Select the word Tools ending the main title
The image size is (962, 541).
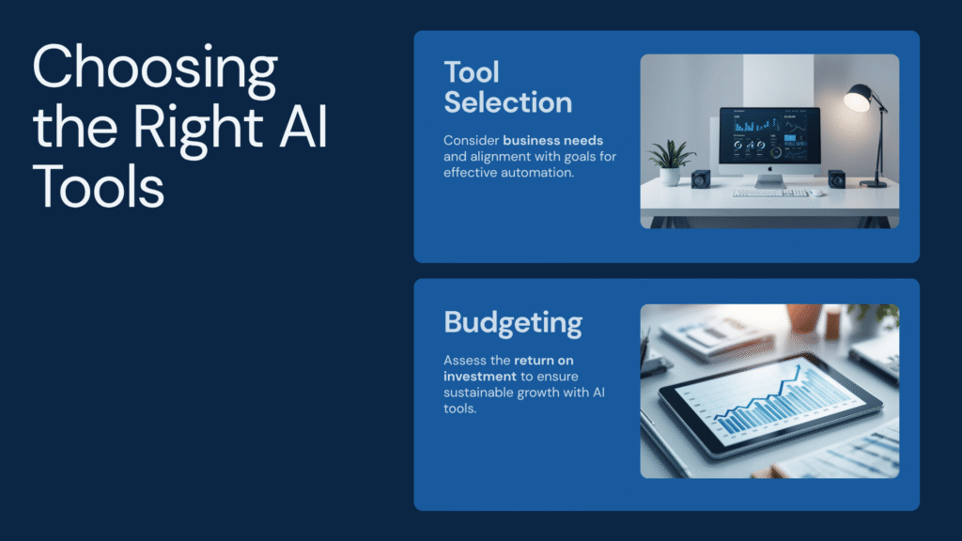pos(98,186)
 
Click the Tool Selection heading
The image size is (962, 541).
pos(508,87)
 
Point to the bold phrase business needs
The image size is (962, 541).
pos(552,141)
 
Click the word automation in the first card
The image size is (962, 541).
pos(537,173)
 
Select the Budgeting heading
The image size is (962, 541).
pos(513,323)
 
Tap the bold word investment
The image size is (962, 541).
pos(480,376)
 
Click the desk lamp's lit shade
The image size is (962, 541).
pos(858,98)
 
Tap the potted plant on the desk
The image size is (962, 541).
pos(671,162)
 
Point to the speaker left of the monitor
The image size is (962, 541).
pos(701,178)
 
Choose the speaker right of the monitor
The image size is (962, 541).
pos(836,179)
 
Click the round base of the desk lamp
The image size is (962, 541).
pos(873,183)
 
